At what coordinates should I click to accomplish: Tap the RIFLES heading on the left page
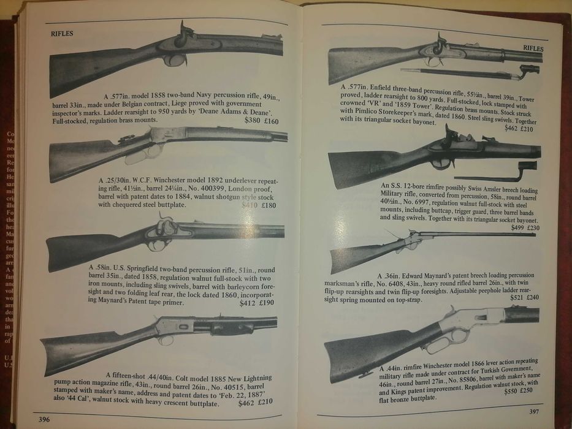pos(62,33)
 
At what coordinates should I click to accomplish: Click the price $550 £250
pos(519,390)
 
